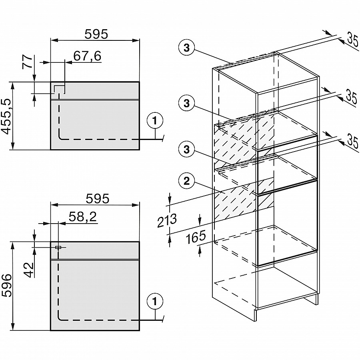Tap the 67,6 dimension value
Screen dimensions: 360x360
(x=87, y=56)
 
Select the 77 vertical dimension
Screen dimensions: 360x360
(x=27, y=62)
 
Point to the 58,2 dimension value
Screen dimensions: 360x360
(x=82, y=216)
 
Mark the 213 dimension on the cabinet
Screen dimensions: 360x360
(x=167, y=221)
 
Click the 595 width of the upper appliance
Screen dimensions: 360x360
(x=96, y=34)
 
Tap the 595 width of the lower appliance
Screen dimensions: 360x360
(x=98, y=198)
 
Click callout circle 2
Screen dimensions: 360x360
(x=186, y=181)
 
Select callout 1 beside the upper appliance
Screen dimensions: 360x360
(x=155, y=120)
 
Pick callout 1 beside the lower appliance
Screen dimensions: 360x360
(x=155, y=301)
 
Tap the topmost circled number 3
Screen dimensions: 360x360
(x=186, y=48)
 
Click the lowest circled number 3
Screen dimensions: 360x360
(x=186, y=150)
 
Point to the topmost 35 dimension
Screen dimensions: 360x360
(x=352, y=41)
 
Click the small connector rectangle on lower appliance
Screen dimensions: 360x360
(x=58, y=247)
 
